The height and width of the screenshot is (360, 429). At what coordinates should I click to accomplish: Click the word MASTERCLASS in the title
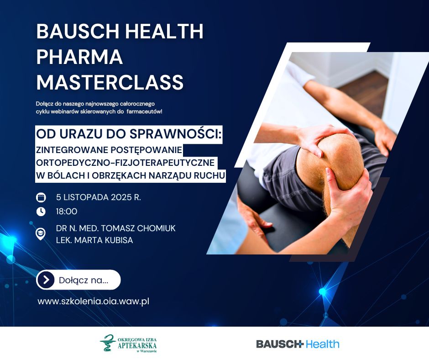point(110,82)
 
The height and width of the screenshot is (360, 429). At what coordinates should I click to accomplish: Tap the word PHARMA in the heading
point(79,57)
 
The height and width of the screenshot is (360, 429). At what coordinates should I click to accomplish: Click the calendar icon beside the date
point(41,197)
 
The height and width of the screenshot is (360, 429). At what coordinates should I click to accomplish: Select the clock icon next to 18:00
point(41,212)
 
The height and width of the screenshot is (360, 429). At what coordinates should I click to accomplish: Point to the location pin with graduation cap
point(41,234)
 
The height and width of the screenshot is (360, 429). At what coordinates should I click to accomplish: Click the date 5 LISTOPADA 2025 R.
point(99,197)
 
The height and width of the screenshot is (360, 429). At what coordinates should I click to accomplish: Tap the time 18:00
point(67,212)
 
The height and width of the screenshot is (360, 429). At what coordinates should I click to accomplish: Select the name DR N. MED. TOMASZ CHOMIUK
point(116,228)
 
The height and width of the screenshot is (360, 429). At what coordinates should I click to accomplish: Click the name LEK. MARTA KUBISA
point(94,240)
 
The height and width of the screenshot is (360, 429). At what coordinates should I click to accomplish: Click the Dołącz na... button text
point(84,280)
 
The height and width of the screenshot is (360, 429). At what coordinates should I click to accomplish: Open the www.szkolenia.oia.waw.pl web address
point(94,302)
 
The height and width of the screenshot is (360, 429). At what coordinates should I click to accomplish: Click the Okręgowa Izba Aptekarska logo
point(128,343)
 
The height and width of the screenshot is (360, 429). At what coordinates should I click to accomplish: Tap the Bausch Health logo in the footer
point(298,344)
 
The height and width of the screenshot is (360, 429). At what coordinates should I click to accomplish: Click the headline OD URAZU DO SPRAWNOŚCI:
point(129,134)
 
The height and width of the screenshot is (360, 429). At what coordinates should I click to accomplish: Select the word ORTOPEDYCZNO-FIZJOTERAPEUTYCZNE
point(126,163)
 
